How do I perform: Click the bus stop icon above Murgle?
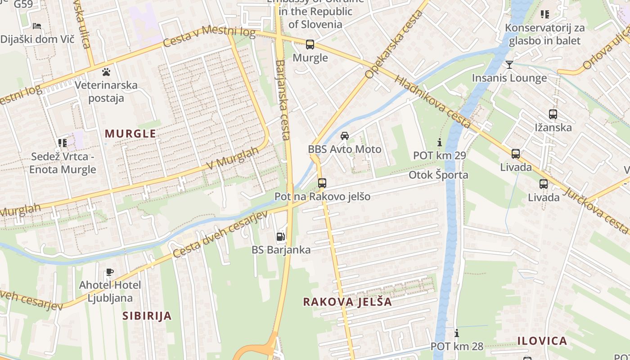tap(310, 45)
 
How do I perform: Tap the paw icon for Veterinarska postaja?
tap(106, 72)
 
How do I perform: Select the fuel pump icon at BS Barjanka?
tap(280, 236)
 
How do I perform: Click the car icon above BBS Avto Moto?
tap(345, 136)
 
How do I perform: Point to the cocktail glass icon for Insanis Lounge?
tap(509, 65)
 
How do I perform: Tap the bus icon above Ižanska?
tap(553, 114)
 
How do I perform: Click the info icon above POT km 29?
tap(440, 143)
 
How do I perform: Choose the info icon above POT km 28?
tap(457, 333)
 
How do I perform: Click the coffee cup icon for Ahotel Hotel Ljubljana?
tap(109, 272)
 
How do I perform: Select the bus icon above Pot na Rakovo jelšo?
tap(322, 183)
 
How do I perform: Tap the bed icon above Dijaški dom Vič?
tap(37, 26)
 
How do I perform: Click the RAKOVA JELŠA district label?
tap(347, 302)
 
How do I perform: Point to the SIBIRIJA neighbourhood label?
tap(147, 316)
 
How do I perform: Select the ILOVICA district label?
tap(542, 341)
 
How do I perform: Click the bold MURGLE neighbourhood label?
tap(130, 134)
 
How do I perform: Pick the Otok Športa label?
tap(438, 175)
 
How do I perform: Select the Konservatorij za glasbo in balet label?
tap(544, 34)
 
